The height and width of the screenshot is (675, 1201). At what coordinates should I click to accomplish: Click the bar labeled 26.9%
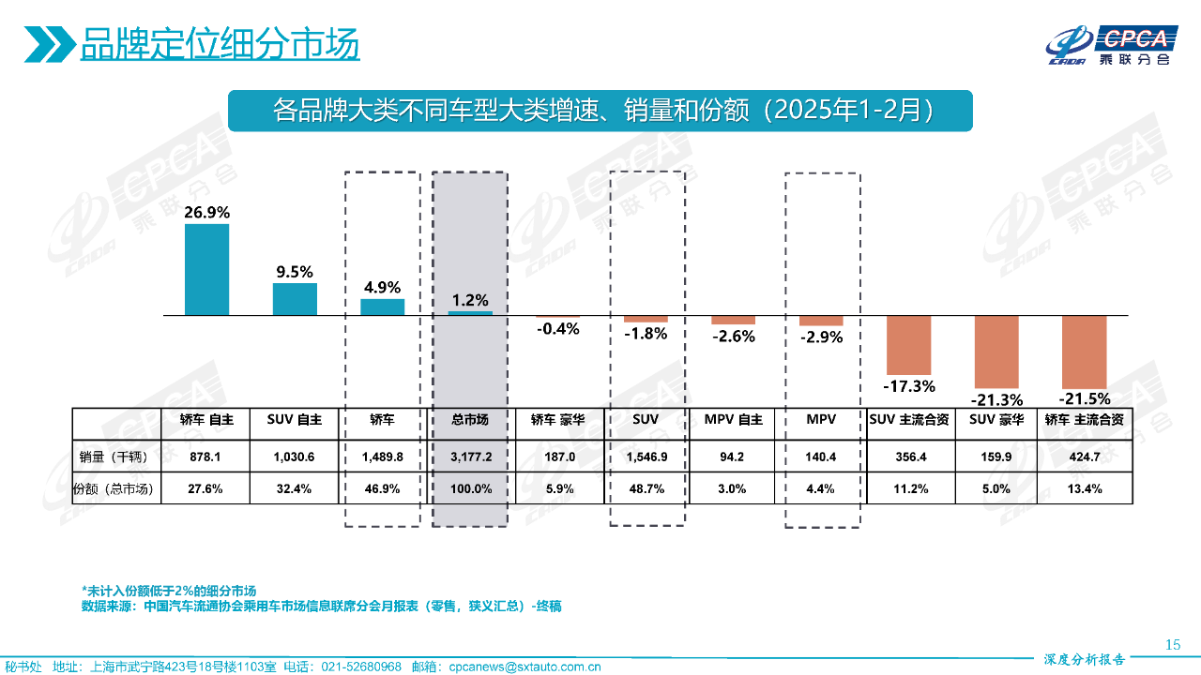206,269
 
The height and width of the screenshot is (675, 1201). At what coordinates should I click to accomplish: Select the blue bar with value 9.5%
295,298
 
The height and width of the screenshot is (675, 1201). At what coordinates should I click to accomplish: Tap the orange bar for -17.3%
908,344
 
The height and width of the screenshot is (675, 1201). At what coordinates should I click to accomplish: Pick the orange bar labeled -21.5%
1084,352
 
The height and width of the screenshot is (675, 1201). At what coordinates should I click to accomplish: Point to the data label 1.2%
470,300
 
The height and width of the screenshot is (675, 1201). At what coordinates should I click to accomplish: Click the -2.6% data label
733,336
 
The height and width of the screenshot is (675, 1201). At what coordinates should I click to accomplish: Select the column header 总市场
469,420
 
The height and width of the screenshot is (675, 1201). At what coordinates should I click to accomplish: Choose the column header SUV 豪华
996,420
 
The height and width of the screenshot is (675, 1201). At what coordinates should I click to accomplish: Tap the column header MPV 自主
733,420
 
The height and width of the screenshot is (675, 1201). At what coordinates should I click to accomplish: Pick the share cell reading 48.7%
646,488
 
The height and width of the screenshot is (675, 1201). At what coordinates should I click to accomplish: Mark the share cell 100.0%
469,488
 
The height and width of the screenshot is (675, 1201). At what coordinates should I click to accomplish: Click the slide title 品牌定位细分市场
220,44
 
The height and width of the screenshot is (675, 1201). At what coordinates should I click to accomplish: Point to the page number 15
1172,644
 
